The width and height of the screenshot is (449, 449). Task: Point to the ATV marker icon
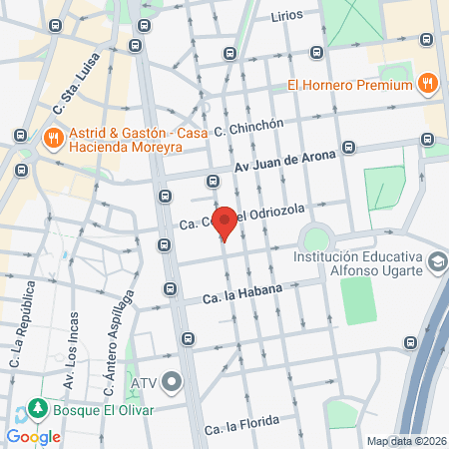(173, 382)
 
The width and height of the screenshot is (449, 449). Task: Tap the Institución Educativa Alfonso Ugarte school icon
(436, 263)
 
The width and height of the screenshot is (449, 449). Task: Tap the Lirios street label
(286, 17)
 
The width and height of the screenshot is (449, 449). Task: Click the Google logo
(32, 436)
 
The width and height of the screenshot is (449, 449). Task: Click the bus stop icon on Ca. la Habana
(171, 290)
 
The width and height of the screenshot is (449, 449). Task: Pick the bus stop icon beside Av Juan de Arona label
(348, 147)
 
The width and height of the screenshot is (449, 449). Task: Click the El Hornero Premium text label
(350, 85)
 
